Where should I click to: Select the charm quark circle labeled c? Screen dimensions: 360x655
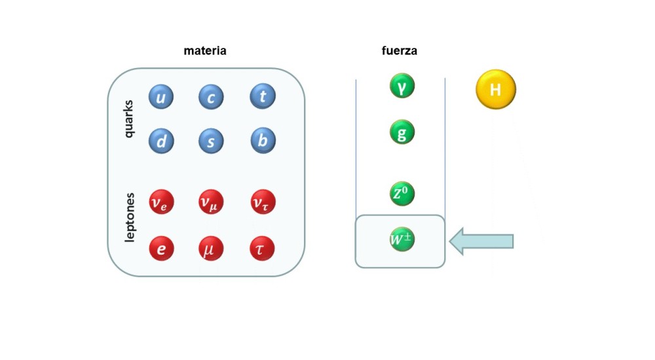pos(211,98)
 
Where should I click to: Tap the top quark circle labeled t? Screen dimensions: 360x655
pos(263,97)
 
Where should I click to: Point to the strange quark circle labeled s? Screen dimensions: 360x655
pos(211,141)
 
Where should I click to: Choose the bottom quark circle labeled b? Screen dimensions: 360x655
pos(263,141)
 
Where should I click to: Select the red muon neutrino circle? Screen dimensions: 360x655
pos(211,202)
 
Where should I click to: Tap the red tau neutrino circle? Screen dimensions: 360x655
pos(263,202)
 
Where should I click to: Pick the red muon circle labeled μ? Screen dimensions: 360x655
pos(211,249)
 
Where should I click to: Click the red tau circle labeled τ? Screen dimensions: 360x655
pos(262,249)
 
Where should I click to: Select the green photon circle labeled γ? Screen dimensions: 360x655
pos(402,86)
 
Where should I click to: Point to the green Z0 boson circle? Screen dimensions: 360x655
pos(402,194)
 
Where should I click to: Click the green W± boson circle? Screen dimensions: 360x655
pos(402,240)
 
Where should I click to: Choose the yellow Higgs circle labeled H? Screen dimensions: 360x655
pos(496,89)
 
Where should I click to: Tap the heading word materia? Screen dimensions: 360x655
pos(205,50)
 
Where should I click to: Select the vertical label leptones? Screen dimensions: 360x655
pos(130,217)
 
